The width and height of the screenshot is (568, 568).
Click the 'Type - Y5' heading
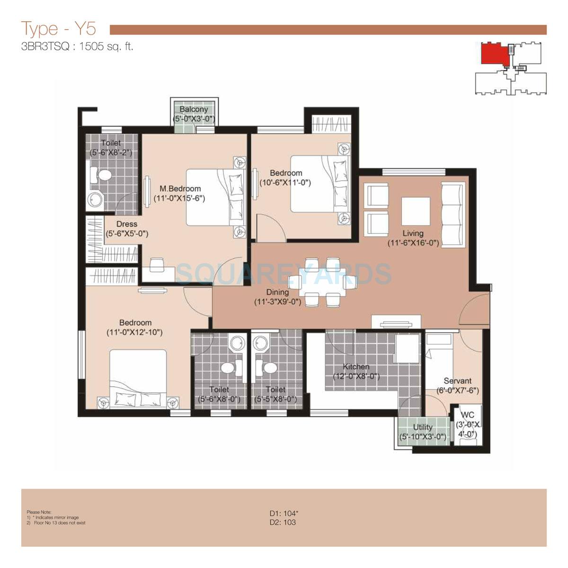[x=59, y=29]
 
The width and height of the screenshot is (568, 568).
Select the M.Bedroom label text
[x=180, y=188]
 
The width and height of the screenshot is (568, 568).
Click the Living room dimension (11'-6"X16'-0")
[x=413, y=243]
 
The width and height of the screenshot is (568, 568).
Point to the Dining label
[x=277, y=292]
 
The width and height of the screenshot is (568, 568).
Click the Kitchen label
[x=356, y=367]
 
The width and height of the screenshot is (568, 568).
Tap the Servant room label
[x=457, y=381]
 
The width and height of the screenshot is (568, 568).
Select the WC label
[x=467, y=415]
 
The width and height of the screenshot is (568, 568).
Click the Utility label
[x=423, y=427]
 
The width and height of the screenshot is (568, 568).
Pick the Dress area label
[x=126, y=224]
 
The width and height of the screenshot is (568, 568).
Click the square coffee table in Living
[x=416, y=211]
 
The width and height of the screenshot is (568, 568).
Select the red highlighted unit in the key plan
[x=493, y=53]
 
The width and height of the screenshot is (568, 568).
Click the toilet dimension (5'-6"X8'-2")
[x=111, y=152]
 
